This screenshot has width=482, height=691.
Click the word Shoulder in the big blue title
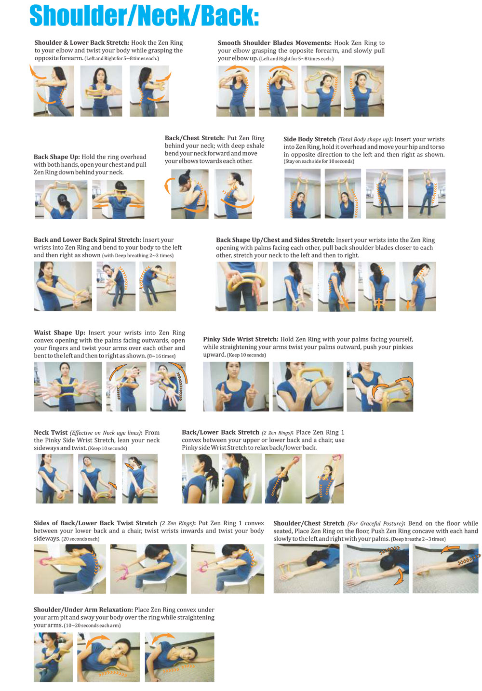pyautogui.click(x=77, y=16)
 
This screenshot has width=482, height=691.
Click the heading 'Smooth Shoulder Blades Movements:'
pyautogui.click(x=274, y=43)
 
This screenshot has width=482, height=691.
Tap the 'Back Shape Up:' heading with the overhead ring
pyautogui.click(x=56, y=157)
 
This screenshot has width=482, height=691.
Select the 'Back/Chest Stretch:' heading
pyautogui.click(x=195, y=138)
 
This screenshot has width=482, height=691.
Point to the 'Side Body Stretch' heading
pyautogui.click(x=309, y=139)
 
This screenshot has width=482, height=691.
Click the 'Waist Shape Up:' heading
pyautogui.click(x=59, y=332)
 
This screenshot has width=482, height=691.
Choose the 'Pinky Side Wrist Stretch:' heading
pyautogui.click(x=241, y=339)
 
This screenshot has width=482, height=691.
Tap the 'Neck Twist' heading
pyautogui.click(x=51, y=433)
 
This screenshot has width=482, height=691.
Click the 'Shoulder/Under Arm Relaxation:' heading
pyautogui.click(x=83, y=610)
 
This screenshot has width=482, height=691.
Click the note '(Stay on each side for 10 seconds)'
pyautogui.click(x=319, y=161)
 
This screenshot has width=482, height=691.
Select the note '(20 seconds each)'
pyautogui.click(x=80, y=539)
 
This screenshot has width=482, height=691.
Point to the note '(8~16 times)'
pyautogui.click(x=161, y=356)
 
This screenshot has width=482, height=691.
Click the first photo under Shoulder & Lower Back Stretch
pyautogui.click(x=54, y=91)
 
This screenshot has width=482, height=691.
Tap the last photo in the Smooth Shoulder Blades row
pyautogui.click(x=364, y=91)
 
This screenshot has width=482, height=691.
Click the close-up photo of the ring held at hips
pyautogui.click(x=242, y=286)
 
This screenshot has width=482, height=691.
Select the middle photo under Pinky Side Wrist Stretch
pyautogui.click(x=308, y=386)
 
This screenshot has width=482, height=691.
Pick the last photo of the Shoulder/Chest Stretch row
pyautogui.click(x=445, y=569)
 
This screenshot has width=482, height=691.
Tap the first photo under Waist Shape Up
pyautogui.click(x=67, y=386)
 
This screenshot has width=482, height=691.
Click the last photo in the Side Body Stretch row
pyautogui.click(x=427, y=194)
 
